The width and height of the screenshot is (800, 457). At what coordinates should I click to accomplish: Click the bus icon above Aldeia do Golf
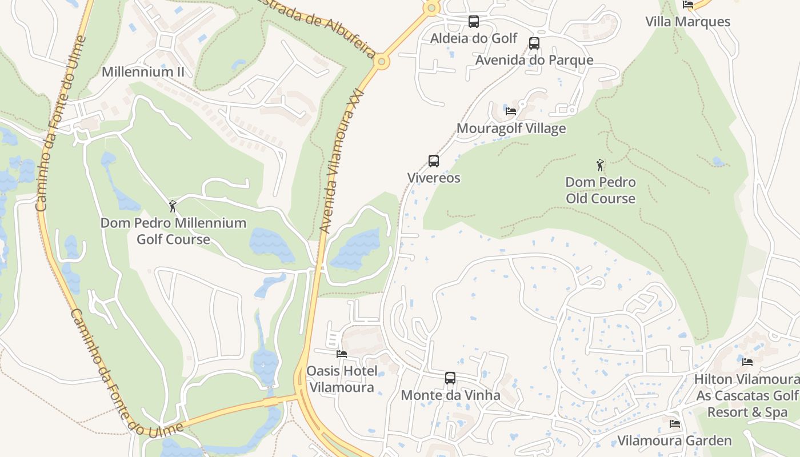click(474, 22)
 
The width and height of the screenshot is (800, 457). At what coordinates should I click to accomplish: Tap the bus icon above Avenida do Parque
click(534, 43)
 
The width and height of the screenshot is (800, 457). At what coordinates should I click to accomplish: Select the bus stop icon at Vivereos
click(434, 161)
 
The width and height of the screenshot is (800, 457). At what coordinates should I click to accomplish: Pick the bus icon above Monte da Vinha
click(450, 378)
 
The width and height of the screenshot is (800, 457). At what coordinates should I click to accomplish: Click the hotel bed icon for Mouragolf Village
click(511, 111)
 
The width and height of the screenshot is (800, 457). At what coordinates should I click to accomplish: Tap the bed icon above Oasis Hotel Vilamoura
click(342, 354)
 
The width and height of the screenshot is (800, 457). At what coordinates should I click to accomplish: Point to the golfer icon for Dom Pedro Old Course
click(600, 166)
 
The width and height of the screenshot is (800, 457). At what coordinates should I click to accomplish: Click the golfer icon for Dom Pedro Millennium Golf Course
click(173, 206)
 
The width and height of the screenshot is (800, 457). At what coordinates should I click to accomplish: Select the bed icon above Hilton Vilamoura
click(747, 362)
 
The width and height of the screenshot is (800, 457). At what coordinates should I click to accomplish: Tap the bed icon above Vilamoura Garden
click(675, 424)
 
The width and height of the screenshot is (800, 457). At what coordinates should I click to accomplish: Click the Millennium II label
click(143, 72)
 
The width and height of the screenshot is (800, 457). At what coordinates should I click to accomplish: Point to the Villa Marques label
click(688, 22)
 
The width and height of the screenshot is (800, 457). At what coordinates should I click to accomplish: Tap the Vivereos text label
click(434, 178)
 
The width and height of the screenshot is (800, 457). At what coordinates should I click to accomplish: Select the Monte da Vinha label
click(450, 395)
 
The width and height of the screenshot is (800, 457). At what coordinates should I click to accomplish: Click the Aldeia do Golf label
click(474, 38)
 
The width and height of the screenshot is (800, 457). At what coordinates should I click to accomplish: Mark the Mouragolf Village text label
click(511, 128)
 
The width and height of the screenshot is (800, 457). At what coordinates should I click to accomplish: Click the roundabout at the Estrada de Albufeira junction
click(381, 62)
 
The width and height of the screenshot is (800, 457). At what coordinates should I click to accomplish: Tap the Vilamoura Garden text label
click(674, 440)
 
